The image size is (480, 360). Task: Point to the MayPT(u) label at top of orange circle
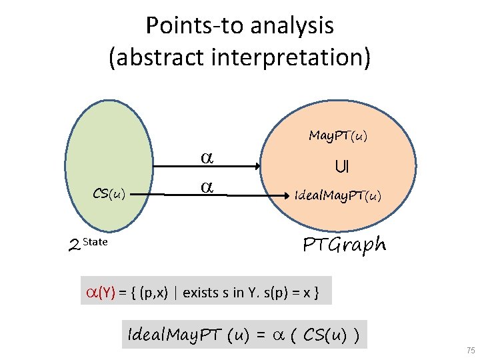[x=338, y=136]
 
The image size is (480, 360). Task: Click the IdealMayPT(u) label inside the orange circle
[x=338, y=195]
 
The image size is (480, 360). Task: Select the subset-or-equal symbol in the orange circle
[x=341, y=166]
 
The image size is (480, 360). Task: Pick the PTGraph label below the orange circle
[x=344, y=245]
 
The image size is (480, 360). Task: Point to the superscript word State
[x=95, y=241]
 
